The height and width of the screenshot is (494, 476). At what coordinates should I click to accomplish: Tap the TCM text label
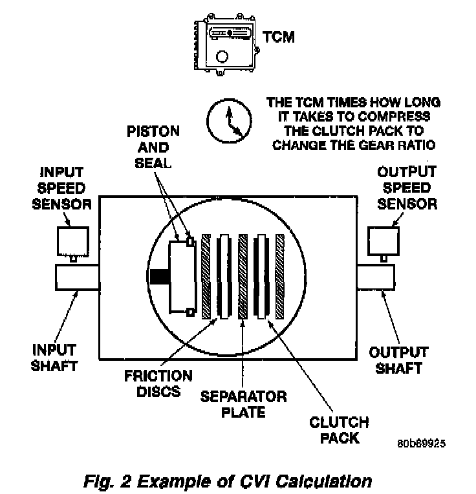(278, 37)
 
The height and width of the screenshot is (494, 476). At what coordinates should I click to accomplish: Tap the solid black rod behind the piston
(158, 276)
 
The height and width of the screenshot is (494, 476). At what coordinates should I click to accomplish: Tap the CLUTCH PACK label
(339, 430)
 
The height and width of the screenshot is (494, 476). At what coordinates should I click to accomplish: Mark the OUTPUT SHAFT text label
(398, 360)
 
